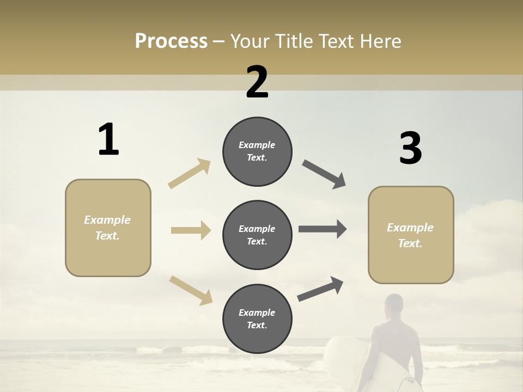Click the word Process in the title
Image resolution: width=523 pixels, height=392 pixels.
click(x=171, y=41)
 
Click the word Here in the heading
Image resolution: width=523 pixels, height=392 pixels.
click(x=381, y=41)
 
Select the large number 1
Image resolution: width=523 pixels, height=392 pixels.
click(x=108, y=140)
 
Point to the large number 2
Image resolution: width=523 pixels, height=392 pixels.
click(x=257, y=82)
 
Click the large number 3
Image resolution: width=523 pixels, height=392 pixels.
click(x=410, y=149)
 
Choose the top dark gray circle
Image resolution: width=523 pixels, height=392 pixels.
click(x=257, y=151)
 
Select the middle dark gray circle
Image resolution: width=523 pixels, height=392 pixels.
click(x=257, y=235)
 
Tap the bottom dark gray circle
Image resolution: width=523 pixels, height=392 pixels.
click(x=257, y=318)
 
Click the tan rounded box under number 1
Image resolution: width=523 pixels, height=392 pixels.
click(x=108, y=228)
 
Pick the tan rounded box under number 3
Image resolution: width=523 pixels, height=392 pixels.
click(x=411, y=235)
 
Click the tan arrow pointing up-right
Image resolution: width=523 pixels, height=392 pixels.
click(x=190, y=174)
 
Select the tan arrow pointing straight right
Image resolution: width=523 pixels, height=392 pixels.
click(x=191, y=230)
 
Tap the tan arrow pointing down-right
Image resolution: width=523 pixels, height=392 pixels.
click(x=191, y=290)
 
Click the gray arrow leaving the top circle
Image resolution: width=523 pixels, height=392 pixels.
click(x=324, y=174)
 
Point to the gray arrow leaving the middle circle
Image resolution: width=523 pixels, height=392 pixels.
click(x=323, y=229)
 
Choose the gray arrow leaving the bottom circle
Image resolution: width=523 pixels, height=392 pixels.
click(x=320, y=289)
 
